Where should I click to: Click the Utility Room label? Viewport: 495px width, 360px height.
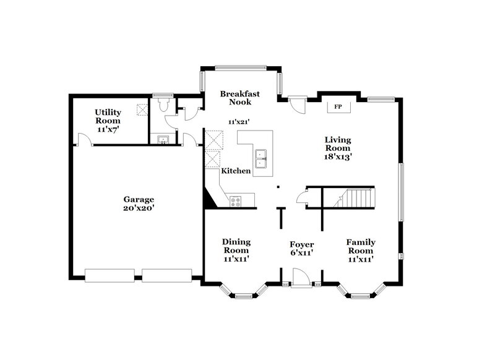tap(108, 116)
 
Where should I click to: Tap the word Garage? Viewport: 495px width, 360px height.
tap(138, 200)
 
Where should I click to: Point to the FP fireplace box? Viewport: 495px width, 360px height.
tap(338, 107)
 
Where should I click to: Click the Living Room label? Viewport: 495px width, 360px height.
tap(338, 144)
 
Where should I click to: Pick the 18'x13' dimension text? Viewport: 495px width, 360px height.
tap(338, 157)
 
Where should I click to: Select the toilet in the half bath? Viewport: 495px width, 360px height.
tap(162, 106)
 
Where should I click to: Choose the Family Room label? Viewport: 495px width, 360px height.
tap(360, 246)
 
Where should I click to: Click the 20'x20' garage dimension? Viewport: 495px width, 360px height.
tap(138, 208)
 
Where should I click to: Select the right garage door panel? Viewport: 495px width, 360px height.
tap(166, 275)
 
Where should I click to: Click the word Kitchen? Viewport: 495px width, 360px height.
tap(236, 171)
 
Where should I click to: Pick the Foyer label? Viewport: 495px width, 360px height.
tap(303, 244)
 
